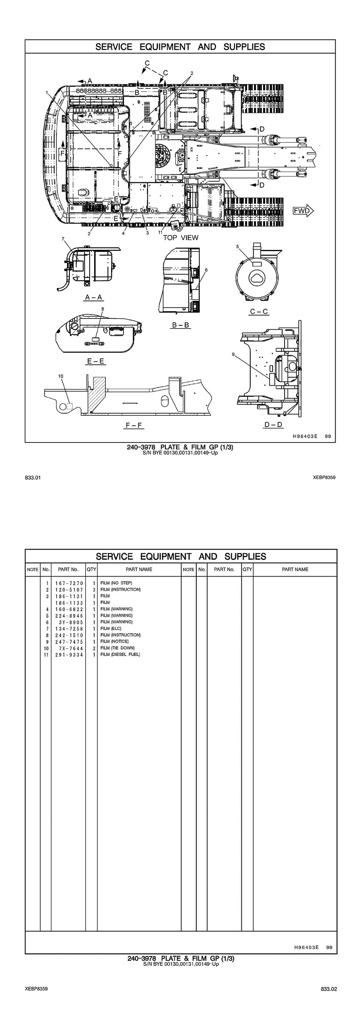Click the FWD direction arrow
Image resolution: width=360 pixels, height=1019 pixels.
click(x=303, y=210)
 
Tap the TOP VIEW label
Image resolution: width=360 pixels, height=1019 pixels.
click(x=180, y=237)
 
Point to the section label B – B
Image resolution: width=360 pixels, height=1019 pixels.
click(x=180, y=325)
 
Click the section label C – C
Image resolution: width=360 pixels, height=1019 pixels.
click(x=259, y=311)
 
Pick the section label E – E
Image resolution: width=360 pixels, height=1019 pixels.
click(x=96, y=361)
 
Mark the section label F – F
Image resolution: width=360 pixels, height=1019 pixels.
click(x=133, y=426)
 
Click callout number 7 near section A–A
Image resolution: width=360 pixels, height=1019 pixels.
click(x=63, y=238)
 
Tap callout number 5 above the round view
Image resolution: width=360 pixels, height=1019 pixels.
click(x=237, y=246)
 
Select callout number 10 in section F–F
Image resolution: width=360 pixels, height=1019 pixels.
click(x=60, y=376)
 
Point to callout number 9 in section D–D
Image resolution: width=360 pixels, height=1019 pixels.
click(x=233, y=354)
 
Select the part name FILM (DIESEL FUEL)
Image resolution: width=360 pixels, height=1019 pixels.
click(x=120, y=655)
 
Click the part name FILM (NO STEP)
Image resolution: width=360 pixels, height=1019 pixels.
click(x=116, y=583)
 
